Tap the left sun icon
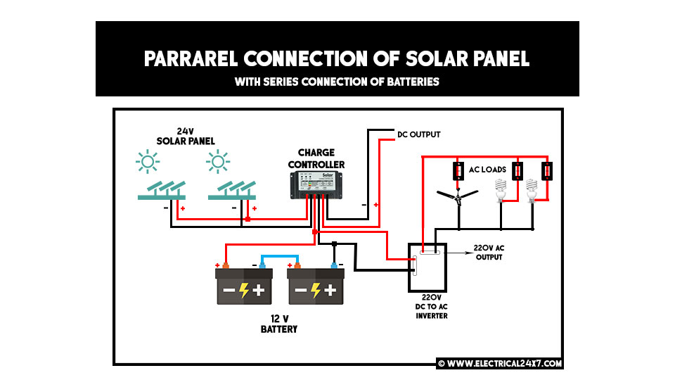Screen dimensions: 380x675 click(148, 163)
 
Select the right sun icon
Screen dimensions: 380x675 click(218, 163)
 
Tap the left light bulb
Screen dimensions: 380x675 click(501, 190)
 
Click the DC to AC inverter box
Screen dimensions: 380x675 click(428, 267)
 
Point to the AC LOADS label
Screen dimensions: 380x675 click(488, 170)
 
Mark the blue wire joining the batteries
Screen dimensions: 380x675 click(280, 257)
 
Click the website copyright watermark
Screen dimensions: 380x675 click(499, 364)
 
